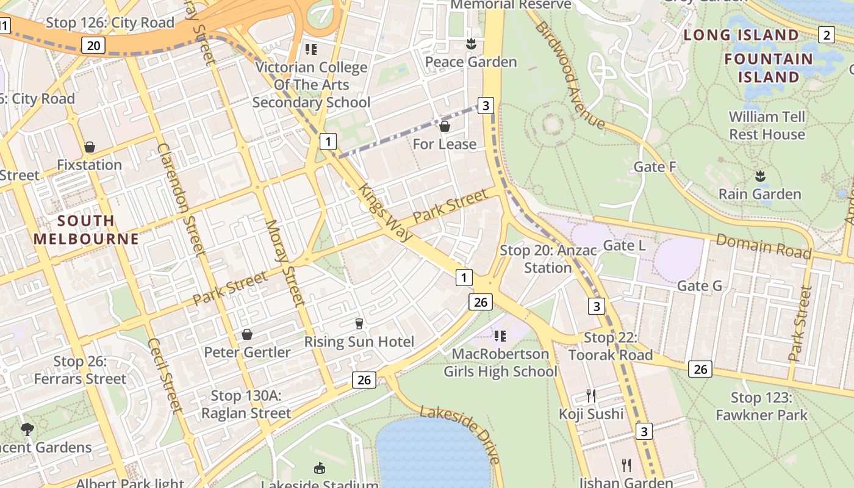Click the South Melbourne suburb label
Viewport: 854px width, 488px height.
tap(87, 229)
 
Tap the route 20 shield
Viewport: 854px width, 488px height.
tap(93, 45)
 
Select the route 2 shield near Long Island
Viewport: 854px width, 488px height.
tap(826, 35)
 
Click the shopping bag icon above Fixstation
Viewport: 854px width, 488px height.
tap(90, 147)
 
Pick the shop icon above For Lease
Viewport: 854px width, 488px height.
tap(445, 126)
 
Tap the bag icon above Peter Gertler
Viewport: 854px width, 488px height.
tap(247, 334)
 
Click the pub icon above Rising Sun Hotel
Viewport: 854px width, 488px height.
tap(359, 323)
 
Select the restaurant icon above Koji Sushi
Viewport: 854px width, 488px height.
tap(591, 396)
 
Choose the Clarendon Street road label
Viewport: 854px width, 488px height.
tap(181, 198)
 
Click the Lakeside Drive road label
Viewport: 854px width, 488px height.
tap(461, 434)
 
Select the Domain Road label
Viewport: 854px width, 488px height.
tap(764, 246)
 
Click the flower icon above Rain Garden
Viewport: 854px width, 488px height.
tap(759, 177)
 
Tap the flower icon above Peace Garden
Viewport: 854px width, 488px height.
tap(470, 44)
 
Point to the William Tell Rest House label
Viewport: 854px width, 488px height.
tap(767, 125)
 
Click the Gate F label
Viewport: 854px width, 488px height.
tap(655, 167)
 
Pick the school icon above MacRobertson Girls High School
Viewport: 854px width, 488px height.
tap(500, 335)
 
